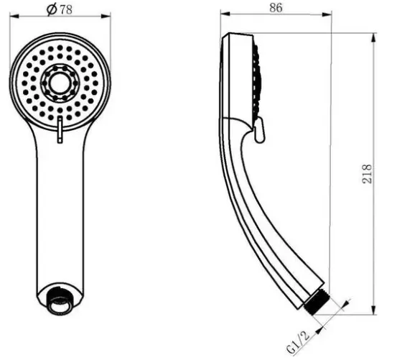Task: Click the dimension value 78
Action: click(66, 9)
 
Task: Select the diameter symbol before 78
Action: click(52, 9)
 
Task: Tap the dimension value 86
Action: click(276, 8)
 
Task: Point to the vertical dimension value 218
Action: click(367, 174)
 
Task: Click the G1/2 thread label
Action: click(299, 342)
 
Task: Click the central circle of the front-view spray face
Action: click(60, 83)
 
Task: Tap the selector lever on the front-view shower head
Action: click(60, 129)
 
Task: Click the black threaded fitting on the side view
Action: click(317, 303)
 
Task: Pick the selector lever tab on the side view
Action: click(259, 131)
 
